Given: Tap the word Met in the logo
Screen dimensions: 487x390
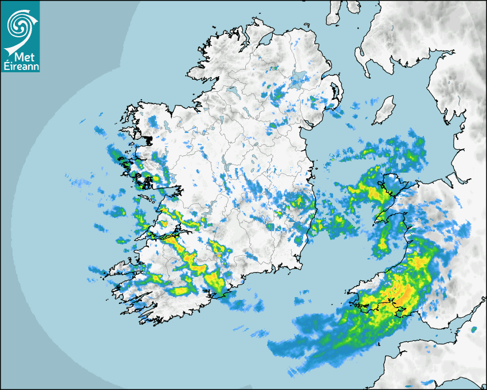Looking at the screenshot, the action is pos(22,57).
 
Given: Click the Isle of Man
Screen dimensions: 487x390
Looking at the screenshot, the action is pos(384,110).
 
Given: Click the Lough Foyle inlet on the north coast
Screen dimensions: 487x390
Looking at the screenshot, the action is pos(266,40).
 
